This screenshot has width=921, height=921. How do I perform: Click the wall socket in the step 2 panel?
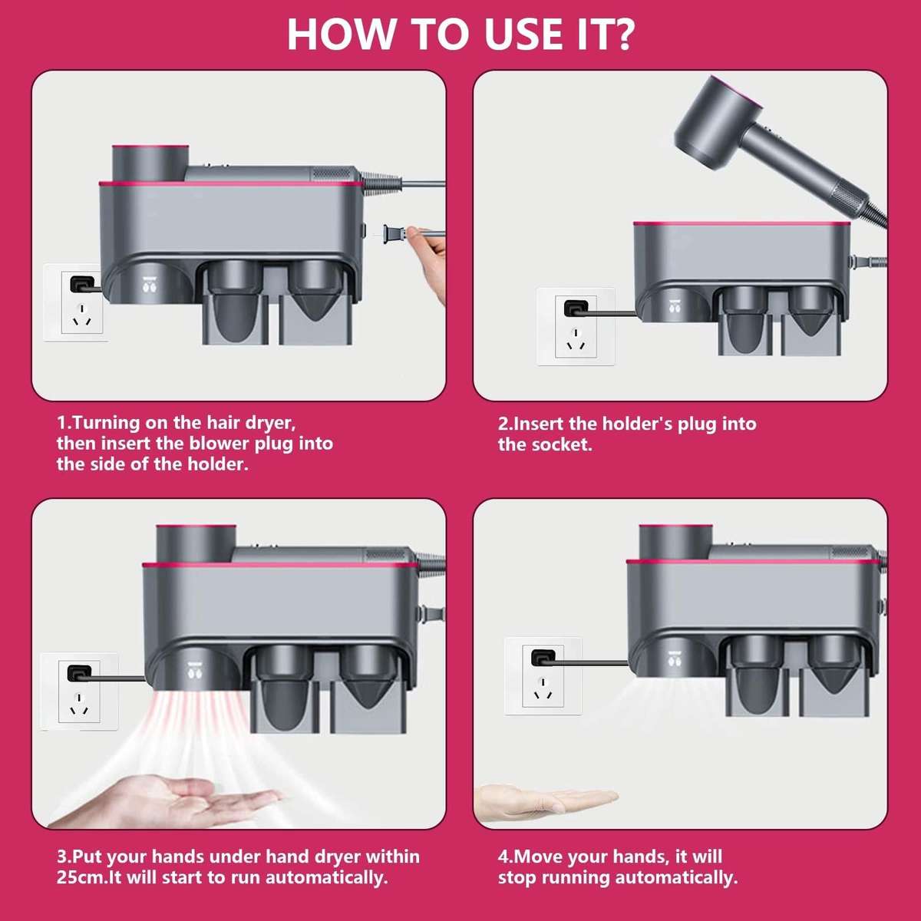click(576, 326)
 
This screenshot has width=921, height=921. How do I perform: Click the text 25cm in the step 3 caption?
click(80, 877)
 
